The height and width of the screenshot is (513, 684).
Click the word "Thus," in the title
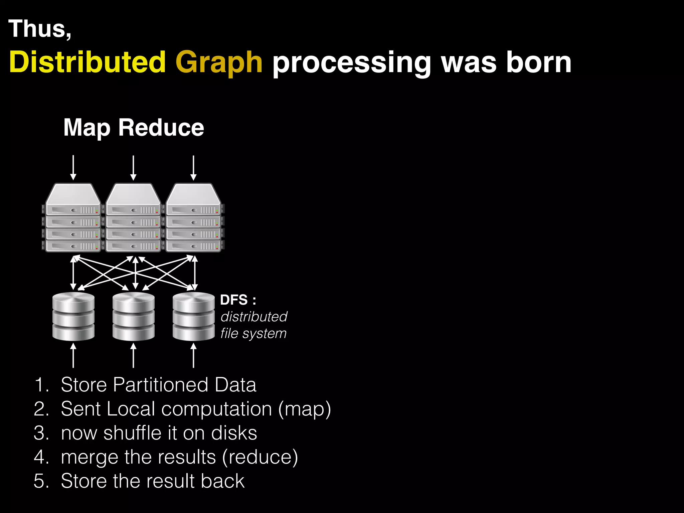[40, 29]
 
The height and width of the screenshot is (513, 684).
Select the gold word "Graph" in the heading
[219, 63]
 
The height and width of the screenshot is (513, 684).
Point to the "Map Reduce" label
[134, 128]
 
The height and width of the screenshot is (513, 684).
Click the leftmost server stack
[73, 218]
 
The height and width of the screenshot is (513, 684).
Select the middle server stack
[134, 218]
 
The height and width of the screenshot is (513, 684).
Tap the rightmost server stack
[194, 218]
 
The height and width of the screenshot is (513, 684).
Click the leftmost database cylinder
[73, 316]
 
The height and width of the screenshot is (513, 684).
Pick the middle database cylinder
[134, 316]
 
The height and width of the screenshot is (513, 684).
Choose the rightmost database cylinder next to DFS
[193, 316]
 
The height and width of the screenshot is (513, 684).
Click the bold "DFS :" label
[238, 300]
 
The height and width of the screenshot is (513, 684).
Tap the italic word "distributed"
[254, 317]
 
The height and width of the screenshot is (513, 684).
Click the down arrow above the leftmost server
[73, 168]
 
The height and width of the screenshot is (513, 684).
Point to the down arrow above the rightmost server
[193, 168]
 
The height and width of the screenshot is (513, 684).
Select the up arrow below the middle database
[134, 356]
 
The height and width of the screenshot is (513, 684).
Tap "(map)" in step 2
[305, 409]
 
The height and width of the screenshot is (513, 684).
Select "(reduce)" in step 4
[260, 457]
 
